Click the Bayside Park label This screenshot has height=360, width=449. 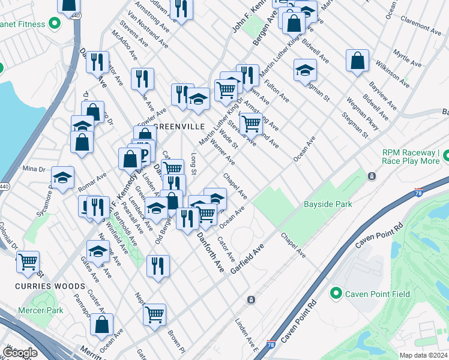pyautogui.click(x=327, y=205)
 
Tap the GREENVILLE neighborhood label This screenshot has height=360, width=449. pyautogui.click(x=179, y=127)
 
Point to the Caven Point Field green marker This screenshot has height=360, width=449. pyautogui.click(x=336, y=293)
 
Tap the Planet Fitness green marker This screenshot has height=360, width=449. pyautogui.click(x=55, y=24)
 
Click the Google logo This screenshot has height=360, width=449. pyautogui.click(x=19, y=353)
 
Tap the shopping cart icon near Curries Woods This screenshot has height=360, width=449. pyautogui.click(x=28, y=262)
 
